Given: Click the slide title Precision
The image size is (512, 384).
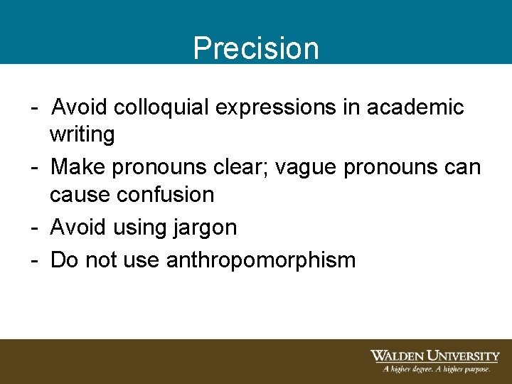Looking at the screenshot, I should [x=256, y=48].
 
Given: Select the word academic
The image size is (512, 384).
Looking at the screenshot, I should [x=415, y=107].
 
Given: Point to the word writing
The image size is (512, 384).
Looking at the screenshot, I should [x=82, y=134].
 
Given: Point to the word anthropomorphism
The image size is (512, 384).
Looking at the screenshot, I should [x=260, y=260].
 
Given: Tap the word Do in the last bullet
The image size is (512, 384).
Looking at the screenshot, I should [x=65, y=260].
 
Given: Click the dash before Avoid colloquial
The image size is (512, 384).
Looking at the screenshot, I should [x=34, y=108].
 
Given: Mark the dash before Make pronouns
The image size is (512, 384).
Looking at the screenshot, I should [x=34, y=168].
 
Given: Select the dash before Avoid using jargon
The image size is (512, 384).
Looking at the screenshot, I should [x=34, y=228].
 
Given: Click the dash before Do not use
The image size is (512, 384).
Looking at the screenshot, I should [x=34, y=260].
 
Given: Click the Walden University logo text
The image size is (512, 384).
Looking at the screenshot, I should [x=434, y=356].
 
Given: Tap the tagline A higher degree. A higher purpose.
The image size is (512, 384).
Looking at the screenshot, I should [x=437, y=369].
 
